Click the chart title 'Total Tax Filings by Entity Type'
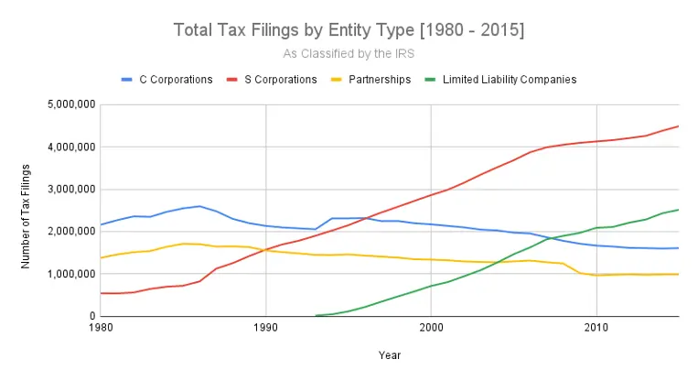(349, 30)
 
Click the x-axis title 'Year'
(388, 354)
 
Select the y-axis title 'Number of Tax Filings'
(27, 211)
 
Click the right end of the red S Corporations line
(678, 126)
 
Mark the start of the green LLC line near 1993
(316, 315)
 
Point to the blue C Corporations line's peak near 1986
(199, 206)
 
